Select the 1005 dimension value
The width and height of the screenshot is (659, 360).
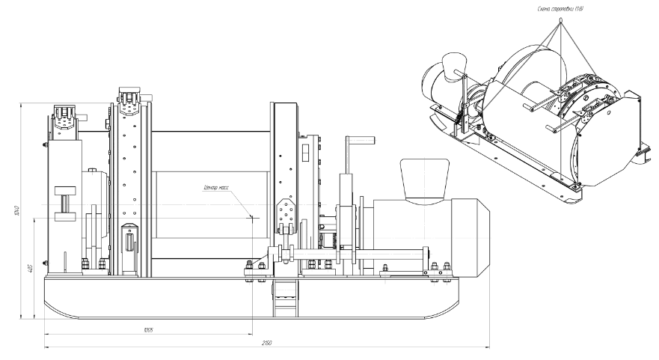pos(147,329)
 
